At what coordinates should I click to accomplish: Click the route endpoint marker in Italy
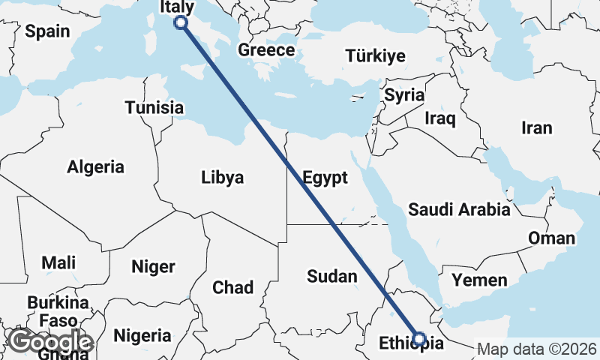181,22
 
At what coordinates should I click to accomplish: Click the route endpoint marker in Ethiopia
419,339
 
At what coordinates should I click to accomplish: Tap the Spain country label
47,31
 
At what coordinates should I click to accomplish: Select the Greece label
266,50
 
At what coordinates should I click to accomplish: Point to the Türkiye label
375,55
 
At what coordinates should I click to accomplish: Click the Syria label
404,95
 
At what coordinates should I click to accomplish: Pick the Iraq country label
439,118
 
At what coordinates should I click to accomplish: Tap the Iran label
536,127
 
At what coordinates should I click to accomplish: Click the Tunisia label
154,107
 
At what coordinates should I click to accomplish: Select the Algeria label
95,166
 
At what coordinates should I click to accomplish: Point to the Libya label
222,178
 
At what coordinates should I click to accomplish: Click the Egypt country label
325,178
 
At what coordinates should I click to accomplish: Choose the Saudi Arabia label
459,209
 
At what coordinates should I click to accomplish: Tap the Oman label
551,238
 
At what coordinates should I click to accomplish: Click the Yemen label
479,280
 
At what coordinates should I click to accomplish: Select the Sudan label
332,276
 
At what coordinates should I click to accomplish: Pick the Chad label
233,286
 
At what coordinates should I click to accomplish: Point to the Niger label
153,266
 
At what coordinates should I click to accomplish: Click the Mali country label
58,262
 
